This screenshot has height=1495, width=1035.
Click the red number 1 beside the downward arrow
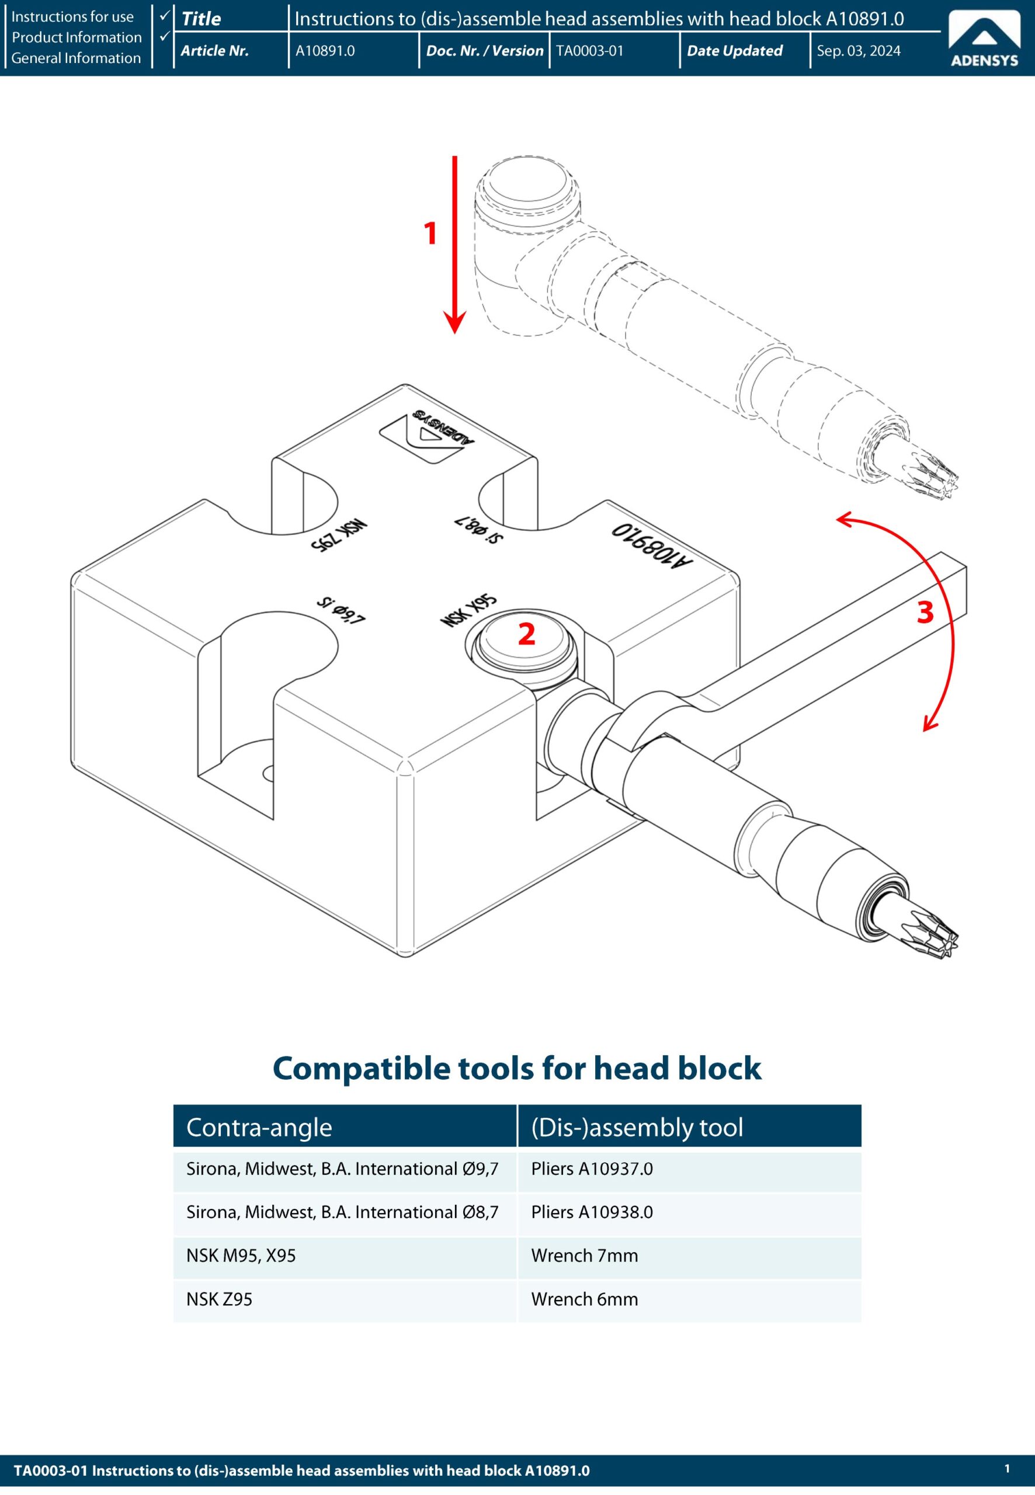coord(430,234)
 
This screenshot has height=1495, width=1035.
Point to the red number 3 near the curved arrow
coord(925,613)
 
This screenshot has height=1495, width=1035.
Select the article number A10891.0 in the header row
coord(325,51)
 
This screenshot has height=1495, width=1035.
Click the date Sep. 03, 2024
coord(858,51)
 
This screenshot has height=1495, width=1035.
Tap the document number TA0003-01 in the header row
coord(589,51)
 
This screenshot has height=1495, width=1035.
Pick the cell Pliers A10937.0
coord(592,1169)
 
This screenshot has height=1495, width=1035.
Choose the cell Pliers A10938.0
coord(592,1212)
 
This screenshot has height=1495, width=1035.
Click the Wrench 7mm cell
coord(584,1256)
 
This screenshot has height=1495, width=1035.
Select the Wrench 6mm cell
coord(584,1299)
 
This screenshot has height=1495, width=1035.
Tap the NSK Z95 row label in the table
coord(219,1299)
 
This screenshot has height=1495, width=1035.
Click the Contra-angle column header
coord(259,1128)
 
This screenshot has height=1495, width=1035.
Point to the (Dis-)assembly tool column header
coord(637,1128)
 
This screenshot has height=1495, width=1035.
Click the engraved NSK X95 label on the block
coord(468,611)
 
